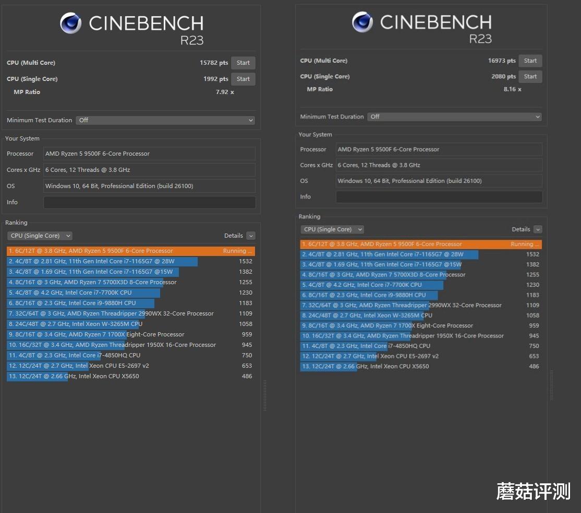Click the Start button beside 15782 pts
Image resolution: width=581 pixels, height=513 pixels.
coord(243,63)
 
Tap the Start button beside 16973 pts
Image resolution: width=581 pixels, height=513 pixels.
coord(530,61)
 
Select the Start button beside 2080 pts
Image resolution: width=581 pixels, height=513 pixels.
coord(530,77)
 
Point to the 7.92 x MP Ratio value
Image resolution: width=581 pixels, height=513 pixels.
coord(225,92)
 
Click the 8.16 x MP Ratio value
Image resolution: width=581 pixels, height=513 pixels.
coord(512,89)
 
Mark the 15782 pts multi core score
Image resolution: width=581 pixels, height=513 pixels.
coord(214,63)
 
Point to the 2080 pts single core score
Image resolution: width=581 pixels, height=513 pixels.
coord(503,77)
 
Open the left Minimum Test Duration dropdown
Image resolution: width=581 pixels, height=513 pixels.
coord(165,120)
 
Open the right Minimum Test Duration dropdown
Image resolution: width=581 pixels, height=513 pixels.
coord(454,117)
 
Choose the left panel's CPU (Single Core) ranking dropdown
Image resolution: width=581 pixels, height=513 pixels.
coord(40,236)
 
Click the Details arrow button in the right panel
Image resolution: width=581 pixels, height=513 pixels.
coord(538,229)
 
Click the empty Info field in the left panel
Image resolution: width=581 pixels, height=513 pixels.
coord(149,203)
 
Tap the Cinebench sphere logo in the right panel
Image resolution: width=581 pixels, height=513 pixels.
coord(362,22)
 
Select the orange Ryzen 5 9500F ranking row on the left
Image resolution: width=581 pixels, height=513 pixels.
coord(130,251)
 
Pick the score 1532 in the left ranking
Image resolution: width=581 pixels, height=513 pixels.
coord(246,261)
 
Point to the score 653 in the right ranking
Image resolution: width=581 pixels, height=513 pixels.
coord(533,356)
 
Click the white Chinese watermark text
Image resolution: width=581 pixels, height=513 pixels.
coord(533,492)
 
